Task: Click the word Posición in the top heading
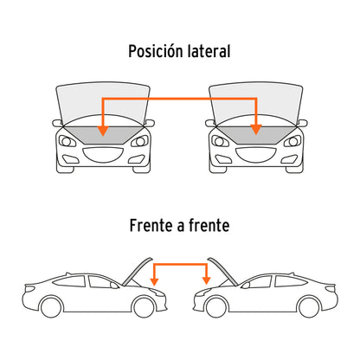pos(156,51)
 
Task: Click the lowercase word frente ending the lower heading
pos(209,225)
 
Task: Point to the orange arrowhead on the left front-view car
pos(103,131)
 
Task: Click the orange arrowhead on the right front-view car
pos(256,130)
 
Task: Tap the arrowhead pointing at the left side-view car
pos(155,281)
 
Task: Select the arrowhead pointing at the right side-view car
pos(206,280)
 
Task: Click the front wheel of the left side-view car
pos(144,306)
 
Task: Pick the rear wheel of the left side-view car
pos(51,306)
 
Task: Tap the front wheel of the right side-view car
pos(216,306)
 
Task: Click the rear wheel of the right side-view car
pos(309,306)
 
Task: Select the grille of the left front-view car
pos(103,155)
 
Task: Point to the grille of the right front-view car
pos(256,155)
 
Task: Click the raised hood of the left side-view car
pos(137,271)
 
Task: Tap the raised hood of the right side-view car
pos(222,271)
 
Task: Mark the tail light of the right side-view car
pos(331,287)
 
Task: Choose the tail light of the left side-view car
pos(30,288)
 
